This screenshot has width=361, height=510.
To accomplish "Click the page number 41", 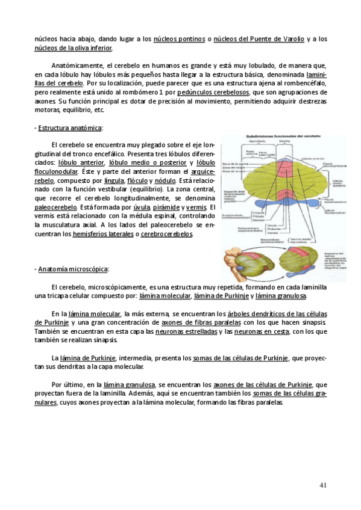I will [322, 485].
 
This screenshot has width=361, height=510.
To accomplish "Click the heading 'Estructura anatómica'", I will [71, 128].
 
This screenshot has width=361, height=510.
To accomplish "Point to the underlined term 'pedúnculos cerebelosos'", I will [214, 93].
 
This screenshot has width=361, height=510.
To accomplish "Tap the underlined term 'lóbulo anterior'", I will [81, 163].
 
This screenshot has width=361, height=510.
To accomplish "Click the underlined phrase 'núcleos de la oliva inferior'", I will [73, 48].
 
